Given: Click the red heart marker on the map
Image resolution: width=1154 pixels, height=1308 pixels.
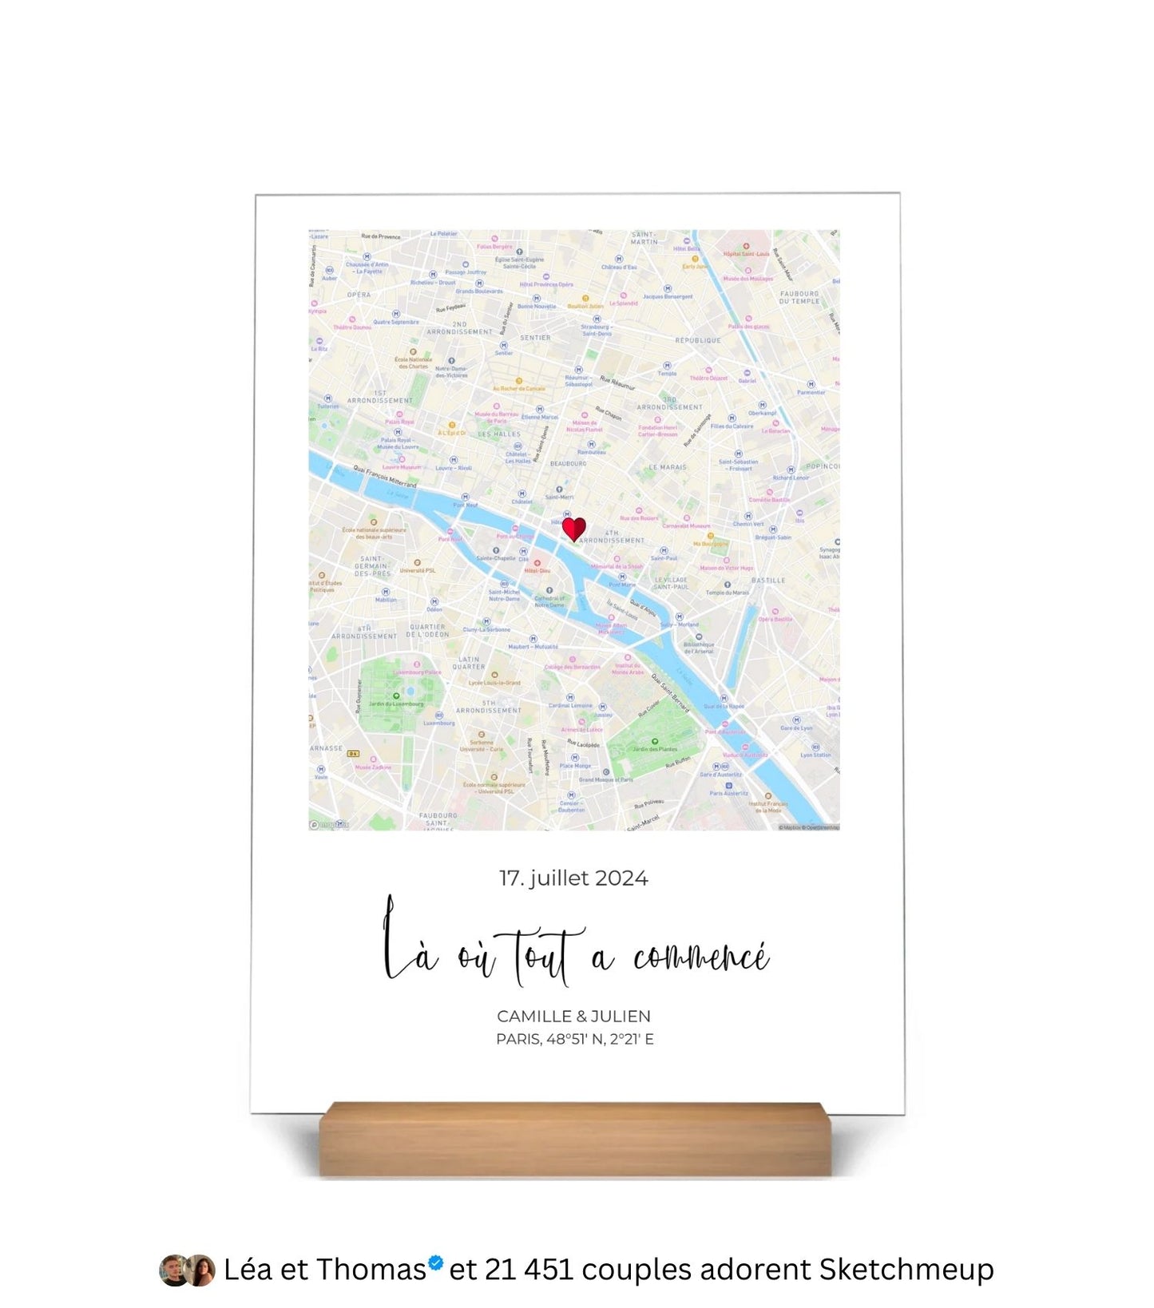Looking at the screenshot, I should pyautogui.click(x=573, y=529).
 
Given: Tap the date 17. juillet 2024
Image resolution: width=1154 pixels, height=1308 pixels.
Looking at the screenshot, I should pyautogui.click(x=573, y=878).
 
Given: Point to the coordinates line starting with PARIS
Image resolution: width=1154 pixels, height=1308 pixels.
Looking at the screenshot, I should pyautogui.click(x=574, y=1039).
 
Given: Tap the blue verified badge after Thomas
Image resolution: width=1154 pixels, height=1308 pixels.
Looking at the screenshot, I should pyautogui.click(x=435, y=1263).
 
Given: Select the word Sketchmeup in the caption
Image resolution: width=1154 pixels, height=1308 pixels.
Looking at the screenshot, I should pyautogui.click(x=906, y=1270).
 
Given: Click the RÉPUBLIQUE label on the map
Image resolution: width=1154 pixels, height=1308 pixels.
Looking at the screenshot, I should pyautogui.click(x=698, y=340).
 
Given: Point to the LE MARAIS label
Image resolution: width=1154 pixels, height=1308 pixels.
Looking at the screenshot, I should pyautogui.click(x=668, y=467).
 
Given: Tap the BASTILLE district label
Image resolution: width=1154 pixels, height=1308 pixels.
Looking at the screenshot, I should pyautogui.click(x=768, y=581).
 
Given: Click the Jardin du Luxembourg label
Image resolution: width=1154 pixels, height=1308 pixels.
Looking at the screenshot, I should pyautogui.click(x=396, y=704).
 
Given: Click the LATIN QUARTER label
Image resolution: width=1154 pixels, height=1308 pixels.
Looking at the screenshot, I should pyautogui.click(x=469, y=663).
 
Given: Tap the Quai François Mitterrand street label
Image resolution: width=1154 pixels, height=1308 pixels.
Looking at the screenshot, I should pyautogui.click(x=385, y=478).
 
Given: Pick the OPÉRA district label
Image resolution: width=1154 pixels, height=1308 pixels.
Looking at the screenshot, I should pyautogui.click(x=359, y=295).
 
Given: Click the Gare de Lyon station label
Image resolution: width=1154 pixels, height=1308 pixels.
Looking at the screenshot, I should pyautogui.click(x=796, y=727).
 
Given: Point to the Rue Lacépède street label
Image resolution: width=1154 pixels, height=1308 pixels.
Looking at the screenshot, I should pyautogui.click(x=583, y=744).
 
